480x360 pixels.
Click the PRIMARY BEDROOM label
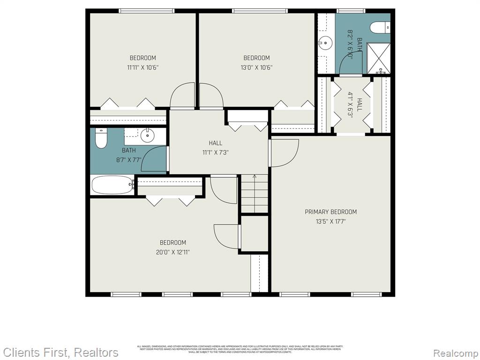coord(330,212)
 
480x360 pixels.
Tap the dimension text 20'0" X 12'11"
coord(173,252)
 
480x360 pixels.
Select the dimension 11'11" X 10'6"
coord(142,67)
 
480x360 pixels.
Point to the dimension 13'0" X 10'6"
coord(256,67)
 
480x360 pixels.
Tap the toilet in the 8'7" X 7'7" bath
coord(101,138)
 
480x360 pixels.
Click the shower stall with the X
coord(378,58)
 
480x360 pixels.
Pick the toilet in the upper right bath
coord(380,28)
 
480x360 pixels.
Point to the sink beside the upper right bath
coord(324,43)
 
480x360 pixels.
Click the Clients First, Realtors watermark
coord(61,352)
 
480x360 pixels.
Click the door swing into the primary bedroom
coord(284,153)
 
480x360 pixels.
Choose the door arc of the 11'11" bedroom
coord(182,96)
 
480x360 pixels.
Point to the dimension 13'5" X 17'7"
coord(330,221)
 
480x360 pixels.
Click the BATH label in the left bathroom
coord(129,150)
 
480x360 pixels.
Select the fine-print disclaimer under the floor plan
coord(240,349)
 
